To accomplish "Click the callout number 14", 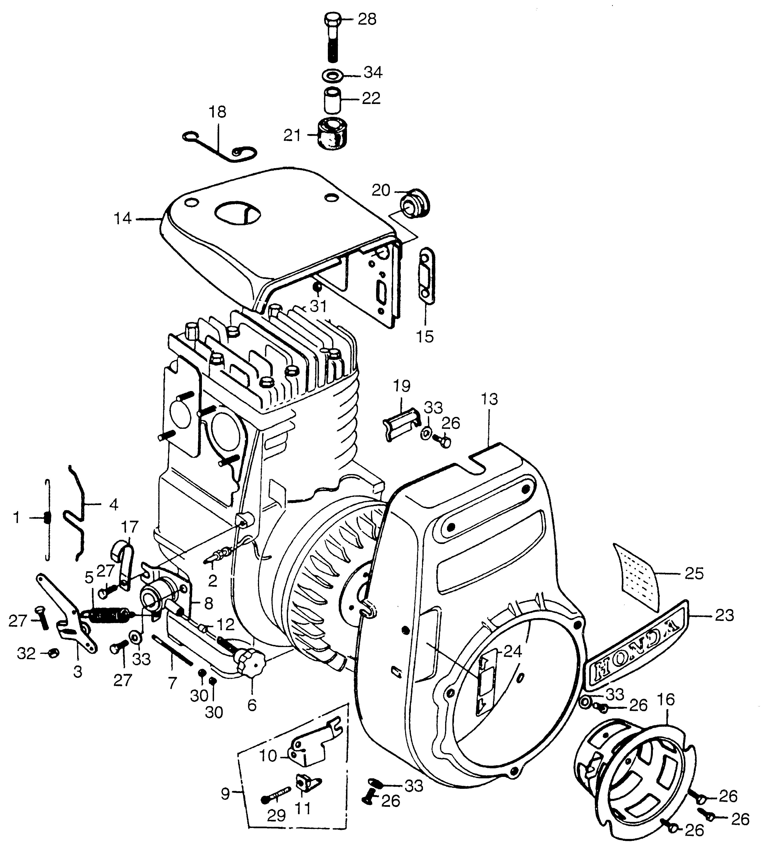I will pyautogui.click(x=123, y=219).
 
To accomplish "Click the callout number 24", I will pyautogui.click(x=512, y=652).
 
